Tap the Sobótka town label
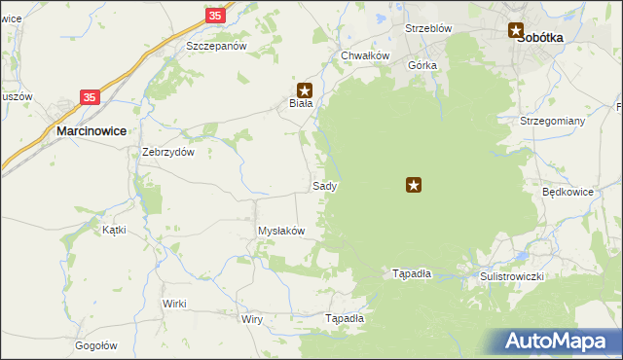(x=542, y=37)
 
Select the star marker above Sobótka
(x=516, y=31)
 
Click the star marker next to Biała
(x=305, y=89)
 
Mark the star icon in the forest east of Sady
(x=415, y=184)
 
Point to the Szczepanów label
(x=218, y=46)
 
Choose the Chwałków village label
(x=365, y=55)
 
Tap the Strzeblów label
(x=428, y=28)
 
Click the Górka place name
(x=423, y=65)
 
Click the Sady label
(x=325, y=185)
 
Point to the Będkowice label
(x=568, y=192)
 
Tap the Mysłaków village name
(x=281, y=231)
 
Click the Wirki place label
(x=174, y=304)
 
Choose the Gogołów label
(x=96, y=345)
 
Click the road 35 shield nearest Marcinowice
(x=90, y=97)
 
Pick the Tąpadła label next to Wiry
(x=344, y=318)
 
